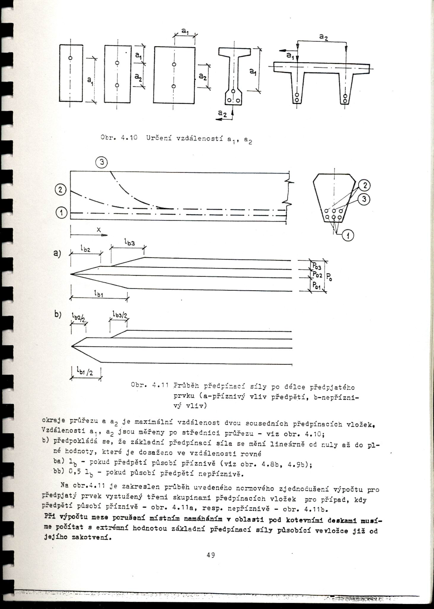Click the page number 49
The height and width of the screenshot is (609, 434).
point(210,555)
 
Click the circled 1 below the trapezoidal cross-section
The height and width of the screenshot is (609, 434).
point(348,236)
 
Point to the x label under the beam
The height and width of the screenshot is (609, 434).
point(99,230)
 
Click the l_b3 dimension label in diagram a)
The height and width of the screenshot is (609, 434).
point(129,243)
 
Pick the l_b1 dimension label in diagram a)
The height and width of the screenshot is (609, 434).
point(98,294)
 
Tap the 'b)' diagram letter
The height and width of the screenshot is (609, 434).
point(57,314)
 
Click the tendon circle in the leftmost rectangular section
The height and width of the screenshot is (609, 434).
point(70,58)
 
